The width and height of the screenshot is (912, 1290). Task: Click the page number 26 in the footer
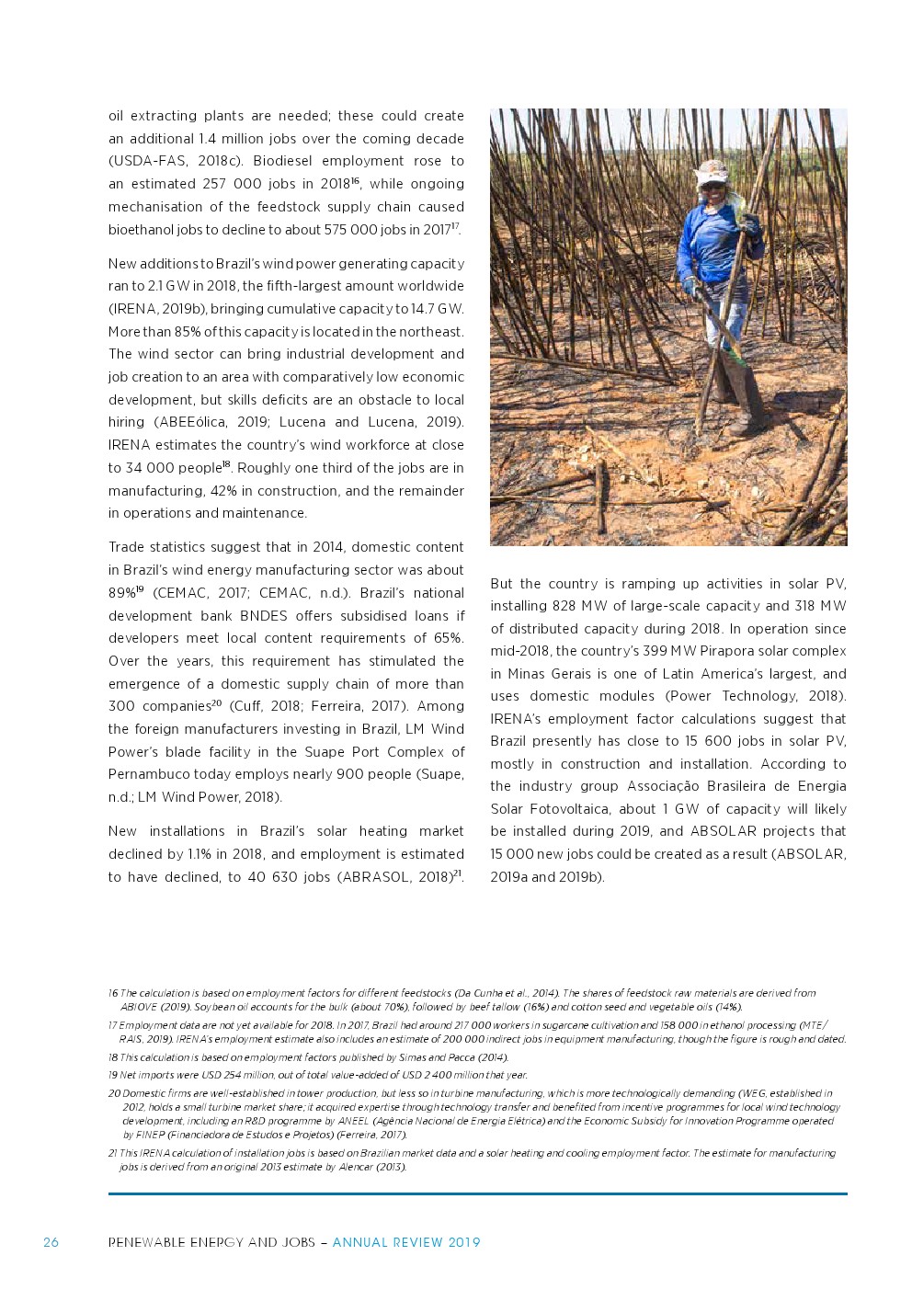(51, 1242)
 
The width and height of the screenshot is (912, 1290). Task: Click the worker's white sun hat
(711, 172)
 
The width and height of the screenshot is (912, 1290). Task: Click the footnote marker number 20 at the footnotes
(114, 1093)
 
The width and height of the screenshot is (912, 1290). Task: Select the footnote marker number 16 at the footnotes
(113, 993)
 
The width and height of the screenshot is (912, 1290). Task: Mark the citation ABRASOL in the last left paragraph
(377, 877)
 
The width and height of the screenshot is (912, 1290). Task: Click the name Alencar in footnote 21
(356, 1167)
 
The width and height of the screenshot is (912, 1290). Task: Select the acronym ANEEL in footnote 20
(353, 1121)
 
